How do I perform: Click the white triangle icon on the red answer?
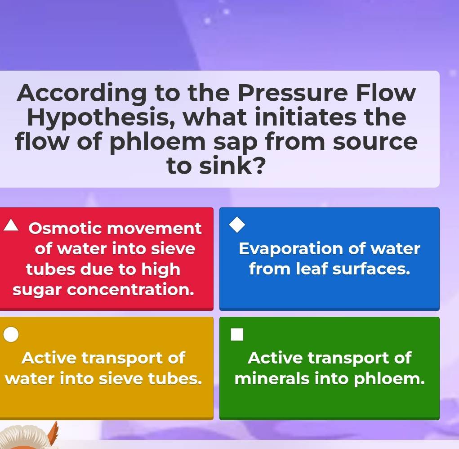(x=11, y=225)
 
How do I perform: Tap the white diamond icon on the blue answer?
(x=237, y=225)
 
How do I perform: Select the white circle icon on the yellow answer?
(x=11, y=334)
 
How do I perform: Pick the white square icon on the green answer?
(x=237, y=334)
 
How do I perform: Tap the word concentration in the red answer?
(x=130, y=290)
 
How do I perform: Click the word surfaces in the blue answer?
(x=371, y=269)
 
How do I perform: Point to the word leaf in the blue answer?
(x=312, y=269)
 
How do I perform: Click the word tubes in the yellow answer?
(x=175, y=378)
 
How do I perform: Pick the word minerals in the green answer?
(x=272, y=378)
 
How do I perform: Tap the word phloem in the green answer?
(x=389, y=379)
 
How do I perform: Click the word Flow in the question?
(x=386, y=93)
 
